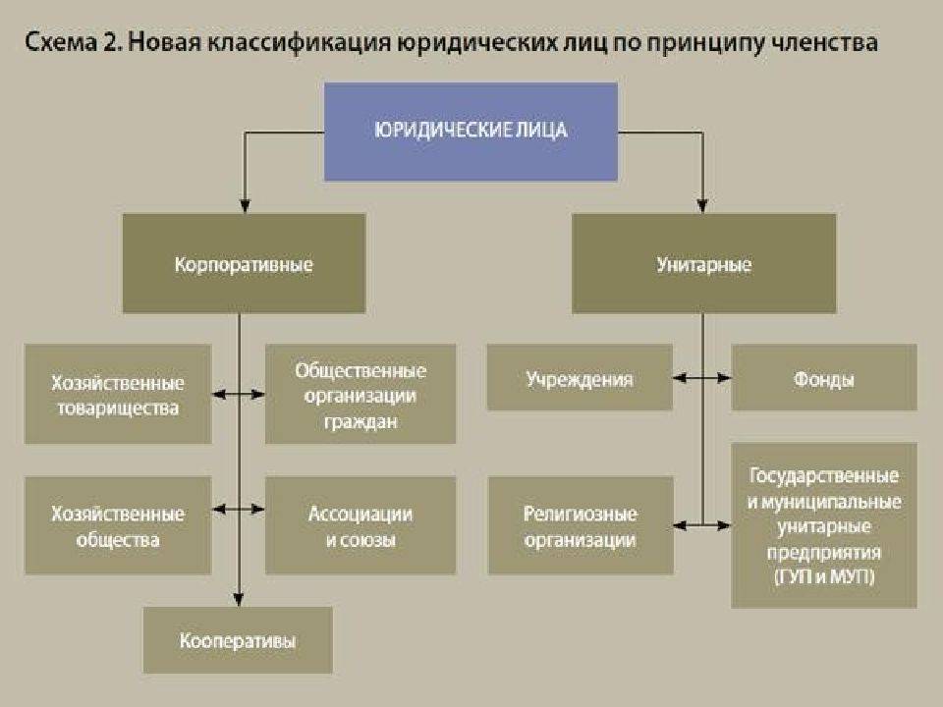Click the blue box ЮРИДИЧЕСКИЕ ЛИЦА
[471, 131]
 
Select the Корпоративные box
[244, 264]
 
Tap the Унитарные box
[702, 264]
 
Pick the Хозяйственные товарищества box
[117, 394]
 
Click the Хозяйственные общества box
[117, 526]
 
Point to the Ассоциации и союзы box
[361, 526]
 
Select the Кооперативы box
[238, 640]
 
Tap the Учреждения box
[580, 378]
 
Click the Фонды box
[823, 378]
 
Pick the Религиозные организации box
[580, 526]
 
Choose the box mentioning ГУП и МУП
[823, 524]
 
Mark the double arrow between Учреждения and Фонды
[702, 377]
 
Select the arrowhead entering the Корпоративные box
[240, 207]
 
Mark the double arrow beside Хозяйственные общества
[240, 509]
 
